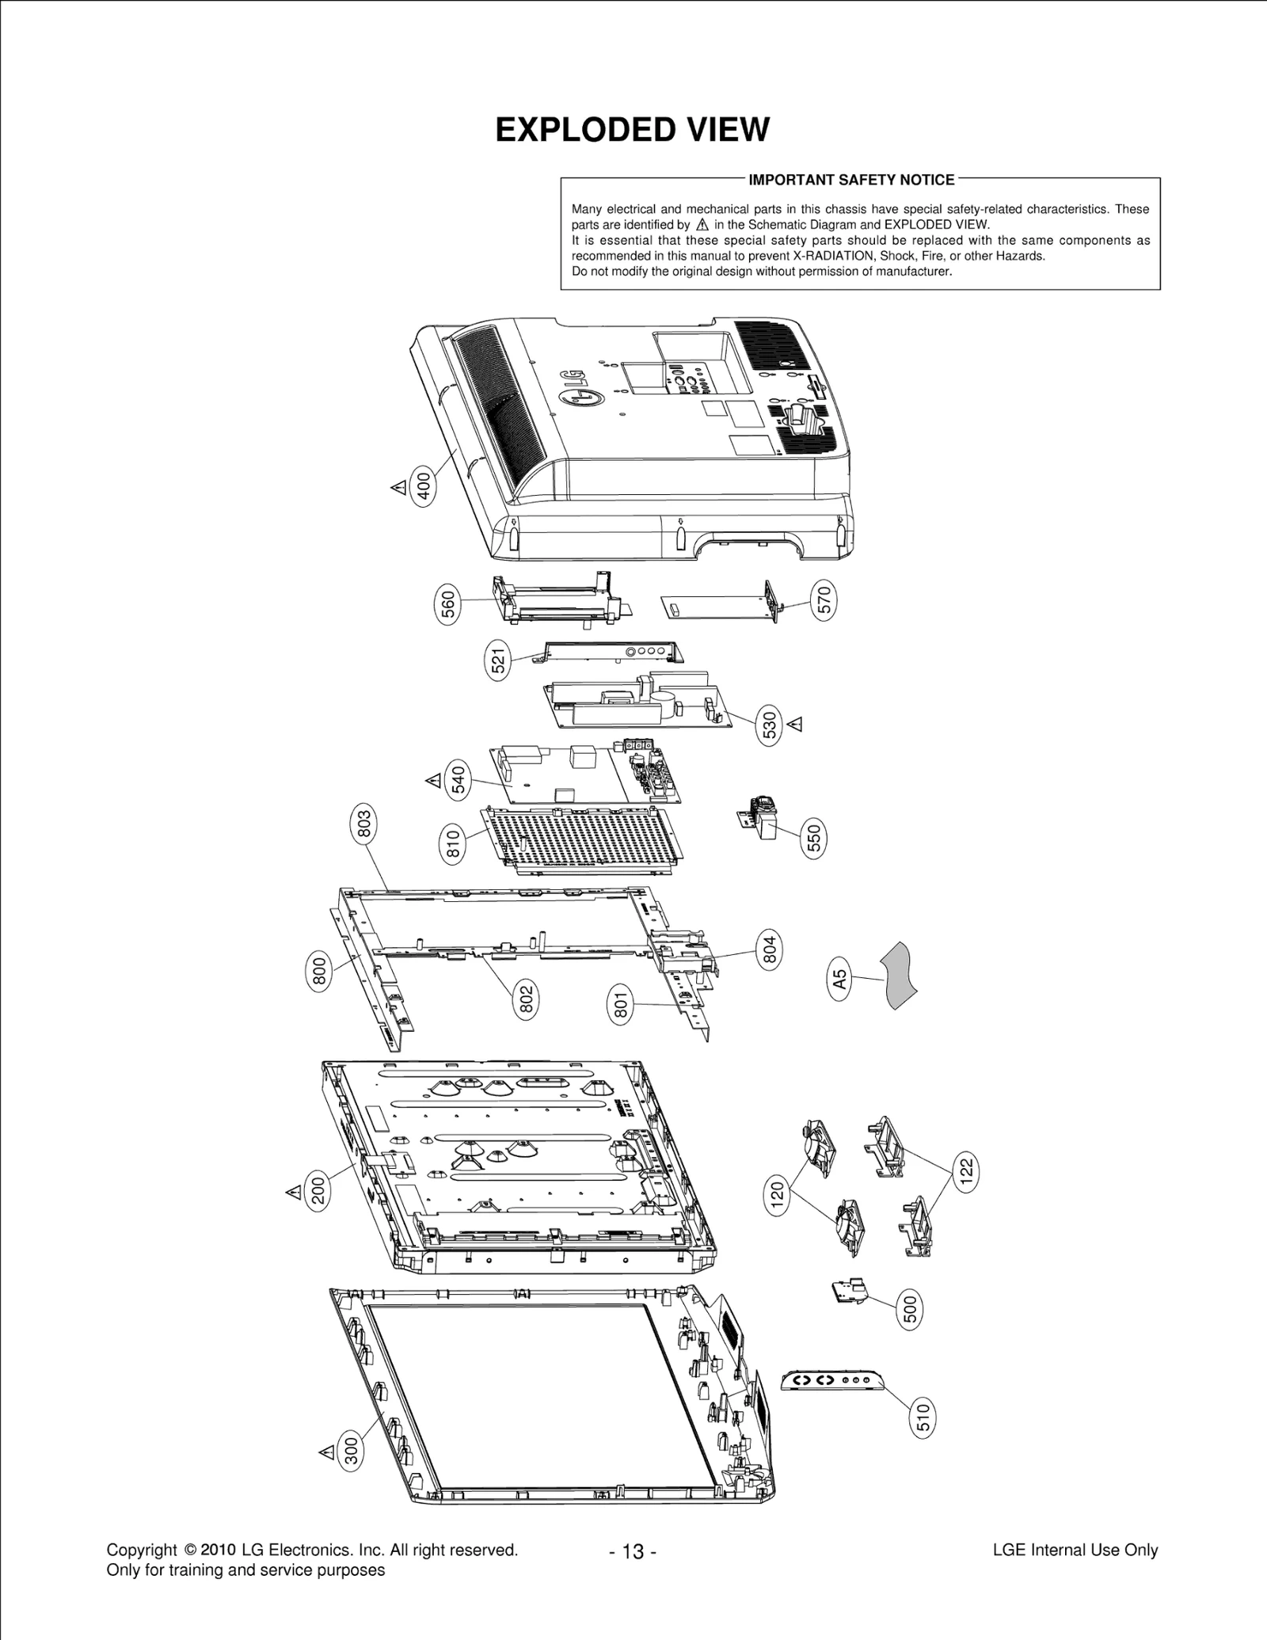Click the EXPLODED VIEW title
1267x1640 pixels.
pyautogui.click(x=632, y=130)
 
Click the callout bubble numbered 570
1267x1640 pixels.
pyautogui.click(x=824, y=601)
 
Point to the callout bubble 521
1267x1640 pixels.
pyautogui.click(x=497, y=660)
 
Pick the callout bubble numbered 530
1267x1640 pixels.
pyautogui.click(x=770, y=725)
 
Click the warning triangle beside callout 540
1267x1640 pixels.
pyautogui.click(x=433, y=781)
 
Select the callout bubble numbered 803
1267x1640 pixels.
pyautogui.click(x=363, y=824)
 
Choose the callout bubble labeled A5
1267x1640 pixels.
pyautogui.click(x=840, y=980)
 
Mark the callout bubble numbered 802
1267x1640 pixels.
pyautogui.click(x=526, y=999)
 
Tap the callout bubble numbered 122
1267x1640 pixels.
pyautogui.click(x=966, y=1172)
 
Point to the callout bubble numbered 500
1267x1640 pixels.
pyautogui.click(x=910, y=1311)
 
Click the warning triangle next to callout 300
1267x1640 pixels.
pyautogui.click(x=325, y=1452)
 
